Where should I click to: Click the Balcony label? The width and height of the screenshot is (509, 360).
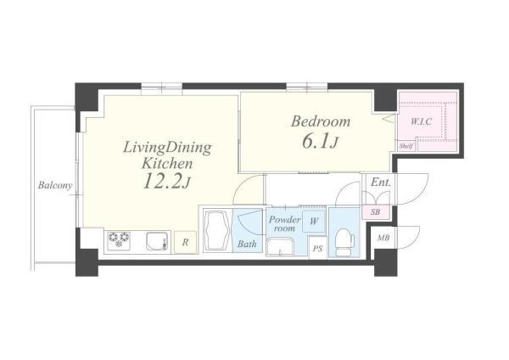tap(55, 186)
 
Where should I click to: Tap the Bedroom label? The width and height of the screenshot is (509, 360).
tap(321, 121)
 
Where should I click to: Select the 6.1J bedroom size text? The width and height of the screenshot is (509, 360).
tap(321, 142)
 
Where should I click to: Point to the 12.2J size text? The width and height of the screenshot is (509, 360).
tap(166, 182)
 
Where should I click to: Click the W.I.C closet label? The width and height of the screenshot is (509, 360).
tap(421, 122)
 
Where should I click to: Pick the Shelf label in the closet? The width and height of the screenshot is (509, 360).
tap(406, 146)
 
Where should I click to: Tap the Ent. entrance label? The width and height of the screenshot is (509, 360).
tap(380, 183)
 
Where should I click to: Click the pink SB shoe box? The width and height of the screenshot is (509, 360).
tap(376, 212)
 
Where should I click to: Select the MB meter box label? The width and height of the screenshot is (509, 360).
tap(383, 238)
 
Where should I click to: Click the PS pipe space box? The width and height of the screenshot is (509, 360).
tap(318, 248)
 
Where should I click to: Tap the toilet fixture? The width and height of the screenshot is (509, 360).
tap(344, 242)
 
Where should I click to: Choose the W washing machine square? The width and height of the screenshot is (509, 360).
tap(314, 222)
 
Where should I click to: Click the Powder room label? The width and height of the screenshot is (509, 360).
tap(284, 223)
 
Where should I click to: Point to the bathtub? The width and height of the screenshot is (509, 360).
tap(217, 231)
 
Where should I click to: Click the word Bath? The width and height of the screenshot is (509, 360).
tap(247, 244)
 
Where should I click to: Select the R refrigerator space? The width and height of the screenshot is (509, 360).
tap(185, 242)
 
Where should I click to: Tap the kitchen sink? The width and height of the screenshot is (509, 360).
tap(158, 241)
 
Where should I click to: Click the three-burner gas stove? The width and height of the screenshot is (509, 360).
tap(119, 241)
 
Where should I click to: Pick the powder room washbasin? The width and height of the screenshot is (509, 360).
tap(280, 248)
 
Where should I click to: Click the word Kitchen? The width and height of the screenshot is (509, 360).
tap(167, 163)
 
